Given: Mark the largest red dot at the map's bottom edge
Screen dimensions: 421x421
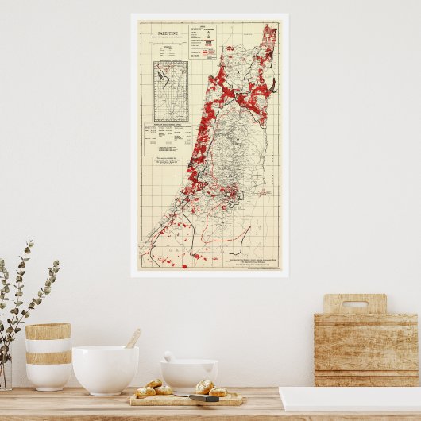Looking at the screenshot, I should pyautogui.click(x=184, y=266).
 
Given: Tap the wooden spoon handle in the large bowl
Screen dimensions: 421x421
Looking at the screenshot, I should pyautogui.click(x=133, y=338).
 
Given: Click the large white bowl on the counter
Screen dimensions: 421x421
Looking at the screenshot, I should pyautogui.click(x=105, y=369).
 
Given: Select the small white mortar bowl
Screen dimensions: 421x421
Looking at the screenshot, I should pyautogui.click(x=189, y=373).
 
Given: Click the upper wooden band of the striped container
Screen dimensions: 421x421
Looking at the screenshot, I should pyautogui.click(x=48, y=332).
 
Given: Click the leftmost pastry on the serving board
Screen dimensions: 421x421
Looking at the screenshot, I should pyautogui.click(x=145, y=391).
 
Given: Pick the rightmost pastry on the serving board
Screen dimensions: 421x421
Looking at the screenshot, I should pyautogui.click(x=218, y=391).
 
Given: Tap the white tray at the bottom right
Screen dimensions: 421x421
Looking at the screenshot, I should pyautogui.click(x=350, y=400).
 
